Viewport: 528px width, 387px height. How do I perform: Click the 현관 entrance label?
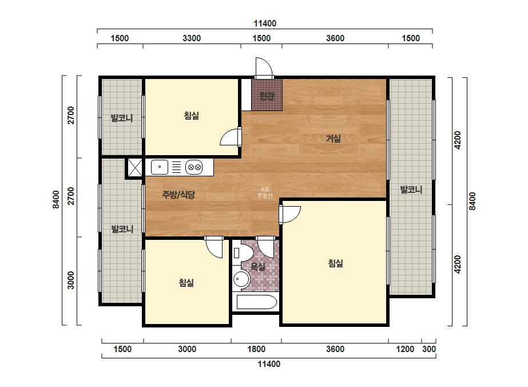(267, 96)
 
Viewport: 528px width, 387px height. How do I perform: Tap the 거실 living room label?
(334, 139)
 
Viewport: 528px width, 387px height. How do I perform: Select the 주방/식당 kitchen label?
(178, 195)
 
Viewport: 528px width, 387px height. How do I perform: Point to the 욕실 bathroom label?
(258, 267)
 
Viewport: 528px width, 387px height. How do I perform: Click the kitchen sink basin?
(160, 167)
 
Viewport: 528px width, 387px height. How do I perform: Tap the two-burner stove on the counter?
(194, 167)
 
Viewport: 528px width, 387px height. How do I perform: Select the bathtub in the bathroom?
(257, 302)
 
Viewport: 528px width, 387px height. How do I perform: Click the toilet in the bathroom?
(242, 253)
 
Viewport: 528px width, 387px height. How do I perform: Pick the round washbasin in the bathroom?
(241, 279)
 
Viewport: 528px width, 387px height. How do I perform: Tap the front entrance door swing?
(263, 68)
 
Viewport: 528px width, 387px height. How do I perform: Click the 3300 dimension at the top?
(192, 38)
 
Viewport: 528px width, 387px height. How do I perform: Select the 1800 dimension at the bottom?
(256, 349)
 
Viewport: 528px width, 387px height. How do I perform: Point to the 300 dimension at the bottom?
(429, 349)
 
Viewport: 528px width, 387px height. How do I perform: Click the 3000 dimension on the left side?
(71, 280)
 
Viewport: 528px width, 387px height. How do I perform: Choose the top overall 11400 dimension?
(265, 23)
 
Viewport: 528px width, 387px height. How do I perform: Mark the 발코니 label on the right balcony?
(411, 189)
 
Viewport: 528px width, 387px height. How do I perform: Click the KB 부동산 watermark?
(265, 192)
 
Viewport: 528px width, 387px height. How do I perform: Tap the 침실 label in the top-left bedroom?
(192, 116)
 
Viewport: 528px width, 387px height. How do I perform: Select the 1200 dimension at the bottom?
(405, 349)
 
